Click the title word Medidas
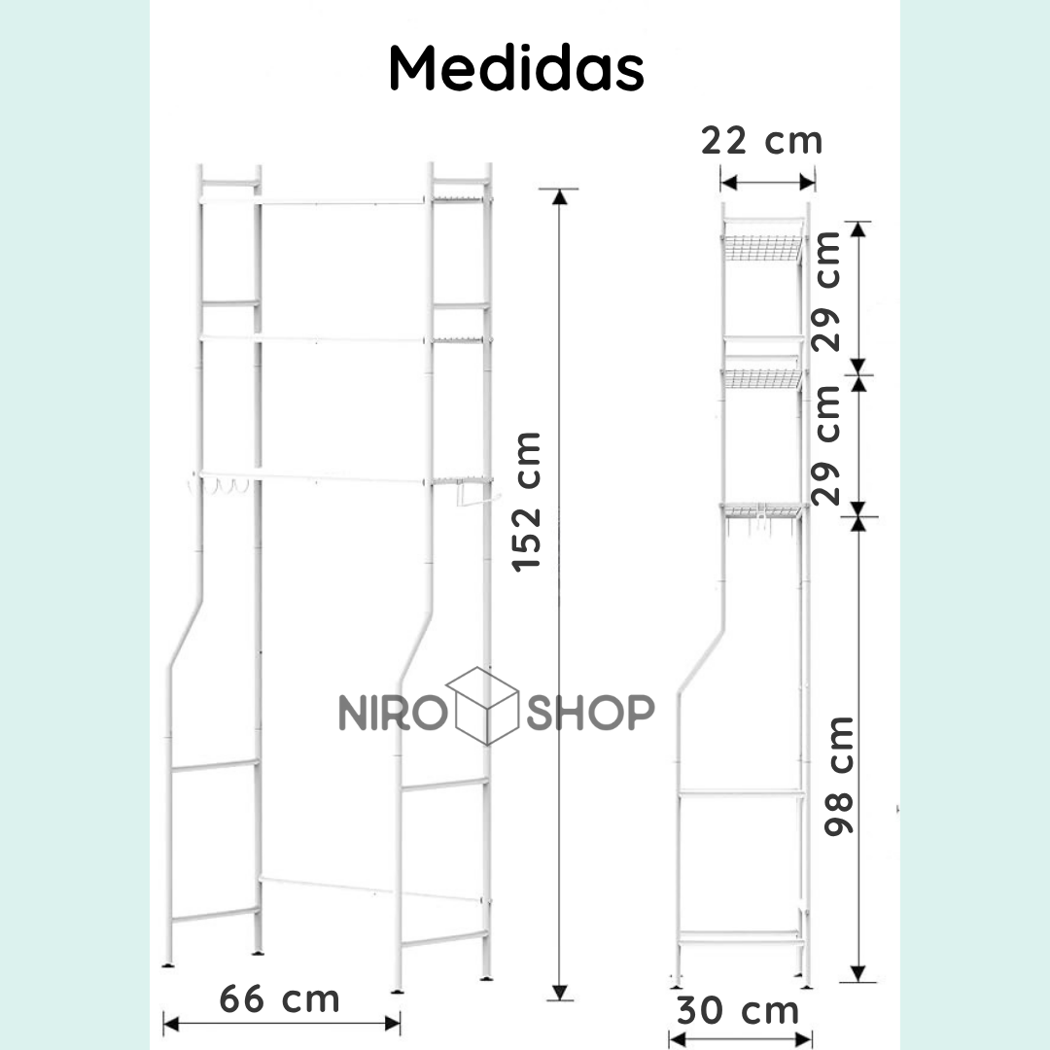tap(516, 68)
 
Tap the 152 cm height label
tap(528, 501)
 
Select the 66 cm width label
tap(279, 998)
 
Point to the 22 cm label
tap(762, 141)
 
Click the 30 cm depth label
tap(738, 1010)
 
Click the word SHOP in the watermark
tap(590, 713)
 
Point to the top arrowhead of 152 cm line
tap(558, 196)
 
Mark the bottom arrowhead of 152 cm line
tap(558, 992)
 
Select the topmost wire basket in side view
tap(761, 248)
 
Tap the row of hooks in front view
tap(220, 485)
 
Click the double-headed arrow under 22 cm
tap(767, 181)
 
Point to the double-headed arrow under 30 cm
tap(740, 1039)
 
